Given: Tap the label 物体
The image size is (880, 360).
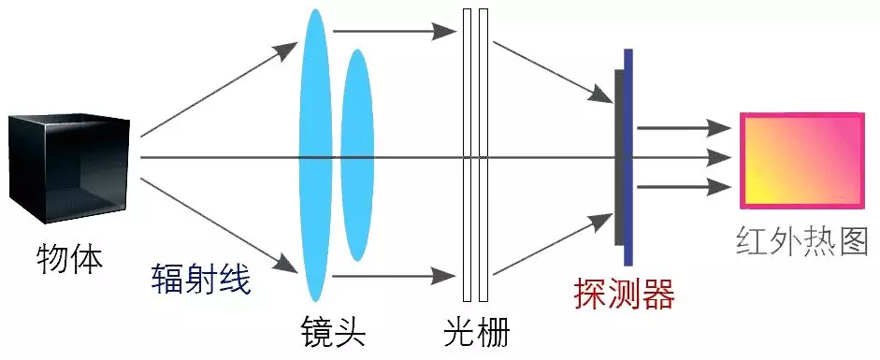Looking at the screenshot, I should tap(69, 258).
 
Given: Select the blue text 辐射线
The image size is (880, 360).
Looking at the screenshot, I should tap(201, 278).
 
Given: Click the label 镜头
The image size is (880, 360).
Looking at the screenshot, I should tap(332, 329).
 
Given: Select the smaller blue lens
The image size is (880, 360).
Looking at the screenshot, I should tap(357, 154).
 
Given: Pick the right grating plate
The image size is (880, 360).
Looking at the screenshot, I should tap(483, 154).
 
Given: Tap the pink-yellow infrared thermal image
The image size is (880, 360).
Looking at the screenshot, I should tap(801, 160).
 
